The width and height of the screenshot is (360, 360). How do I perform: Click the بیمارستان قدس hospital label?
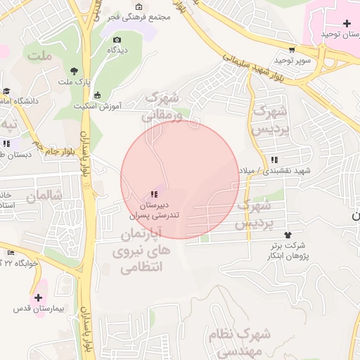pos(38,309)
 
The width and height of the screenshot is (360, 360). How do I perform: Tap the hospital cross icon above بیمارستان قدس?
pos(38,298)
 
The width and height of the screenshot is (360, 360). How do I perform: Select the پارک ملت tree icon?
pos(74,70)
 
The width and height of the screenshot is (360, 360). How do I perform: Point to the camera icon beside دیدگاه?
pos(117,39)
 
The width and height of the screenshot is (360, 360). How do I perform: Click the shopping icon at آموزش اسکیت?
pos(97,95)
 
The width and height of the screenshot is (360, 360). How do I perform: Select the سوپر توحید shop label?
pos(293,61)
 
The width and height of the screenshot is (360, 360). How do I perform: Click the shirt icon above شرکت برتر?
pos(287,235)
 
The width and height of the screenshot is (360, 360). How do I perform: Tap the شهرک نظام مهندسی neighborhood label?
pos(235,340)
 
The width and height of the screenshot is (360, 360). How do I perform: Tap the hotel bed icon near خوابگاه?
pos(11,252)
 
